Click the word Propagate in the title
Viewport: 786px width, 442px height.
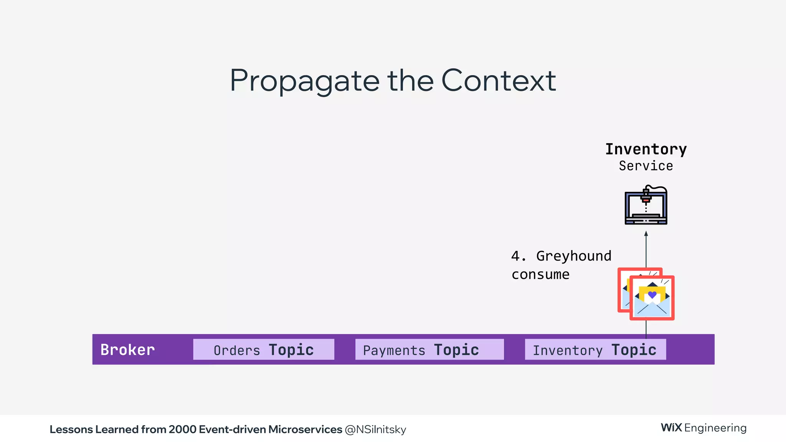click(x=305, y=81)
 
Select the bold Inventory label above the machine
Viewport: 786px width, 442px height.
click(x=646, y=149)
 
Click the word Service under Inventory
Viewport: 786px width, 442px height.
click(x=646, y=166)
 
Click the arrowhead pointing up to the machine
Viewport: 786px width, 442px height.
click(x=646, y=234)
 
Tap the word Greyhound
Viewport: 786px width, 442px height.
click(x=573, y=256)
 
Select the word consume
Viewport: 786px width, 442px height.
click(x=540, y=274)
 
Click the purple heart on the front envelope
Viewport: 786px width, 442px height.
click(x=652, y=295)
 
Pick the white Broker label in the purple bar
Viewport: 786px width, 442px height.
click(x=127, y=350)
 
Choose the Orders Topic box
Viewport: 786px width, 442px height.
click(x=264, y=350)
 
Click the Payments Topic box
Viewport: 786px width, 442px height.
click(x=429, y=350)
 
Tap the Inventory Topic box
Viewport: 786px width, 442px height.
click(x=595, y=350)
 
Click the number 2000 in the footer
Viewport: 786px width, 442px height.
click(x=183, y=429)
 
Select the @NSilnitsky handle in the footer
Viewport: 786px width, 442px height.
click(x=375, y=429)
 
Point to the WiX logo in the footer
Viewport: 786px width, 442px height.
click(x=671, y=428)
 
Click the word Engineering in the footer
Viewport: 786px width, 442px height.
click(x=715, y=428)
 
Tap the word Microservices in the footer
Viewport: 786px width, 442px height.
click(x=305, y=429)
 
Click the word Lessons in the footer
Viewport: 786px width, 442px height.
click(x=71, y=429)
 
